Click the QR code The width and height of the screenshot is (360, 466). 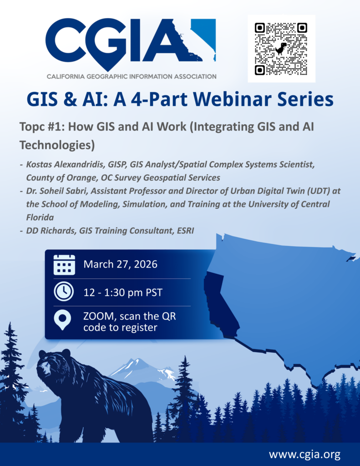pos(281,49)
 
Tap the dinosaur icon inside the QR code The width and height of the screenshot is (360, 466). pos(281,49)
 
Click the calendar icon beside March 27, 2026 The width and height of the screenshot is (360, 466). pos(64,264)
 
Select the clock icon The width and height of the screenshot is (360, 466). pos(64,292)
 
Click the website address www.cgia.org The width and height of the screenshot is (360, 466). pos(305,455)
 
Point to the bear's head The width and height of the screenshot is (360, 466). pos(54,364)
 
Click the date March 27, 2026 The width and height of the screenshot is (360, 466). pos(121,264)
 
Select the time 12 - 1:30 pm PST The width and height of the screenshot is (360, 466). pos(123,293)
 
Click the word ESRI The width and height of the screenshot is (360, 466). pos(185,231)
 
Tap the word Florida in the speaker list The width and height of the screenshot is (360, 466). pos(40,217)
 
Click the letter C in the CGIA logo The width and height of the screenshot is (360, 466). pos(63,40)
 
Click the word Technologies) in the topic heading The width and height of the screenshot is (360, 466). pos(57,145)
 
